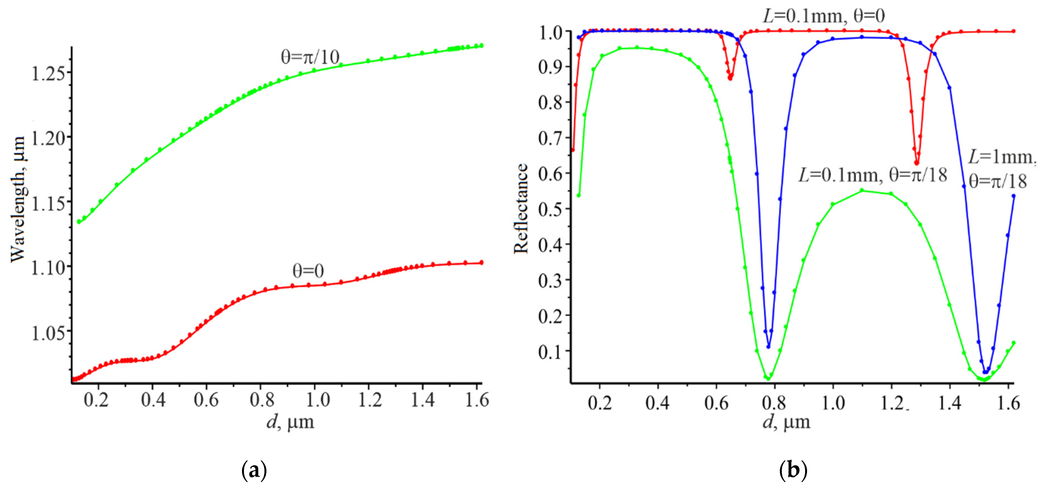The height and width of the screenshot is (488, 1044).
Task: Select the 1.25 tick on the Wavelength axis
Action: click(48, 73)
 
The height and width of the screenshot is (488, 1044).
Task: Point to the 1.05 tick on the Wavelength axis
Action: click(48, 332)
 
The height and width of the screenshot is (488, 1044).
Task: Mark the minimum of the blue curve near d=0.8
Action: click(768, 347)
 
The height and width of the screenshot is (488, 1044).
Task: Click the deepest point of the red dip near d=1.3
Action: click(917, 163)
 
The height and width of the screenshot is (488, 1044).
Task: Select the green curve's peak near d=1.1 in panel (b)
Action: click(862, 190)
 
